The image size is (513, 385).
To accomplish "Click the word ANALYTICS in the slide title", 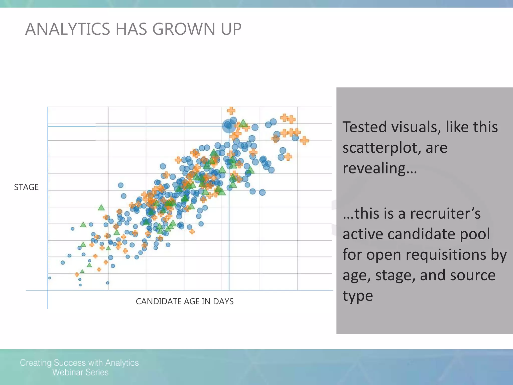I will (x=67, y=29).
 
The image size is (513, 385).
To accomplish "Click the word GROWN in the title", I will (x=184, y=29).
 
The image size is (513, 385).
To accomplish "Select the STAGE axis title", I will (x=26, y=187).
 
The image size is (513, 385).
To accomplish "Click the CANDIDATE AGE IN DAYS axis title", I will (x=185, y=301).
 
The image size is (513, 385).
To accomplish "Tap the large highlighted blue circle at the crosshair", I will (x=228, y=126).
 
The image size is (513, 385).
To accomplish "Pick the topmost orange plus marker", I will (x=231, y=110).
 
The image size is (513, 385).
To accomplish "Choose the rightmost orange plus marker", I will (x=304, y=141).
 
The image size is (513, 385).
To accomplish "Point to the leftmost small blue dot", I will (x=50, y=278).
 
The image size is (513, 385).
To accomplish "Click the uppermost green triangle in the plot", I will (x=243, y=123).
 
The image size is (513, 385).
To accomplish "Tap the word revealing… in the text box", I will (x=380, y=168).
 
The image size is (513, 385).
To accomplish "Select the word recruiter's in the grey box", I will (x=445, y=214).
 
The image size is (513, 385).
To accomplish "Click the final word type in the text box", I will (x=358, y=296).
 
